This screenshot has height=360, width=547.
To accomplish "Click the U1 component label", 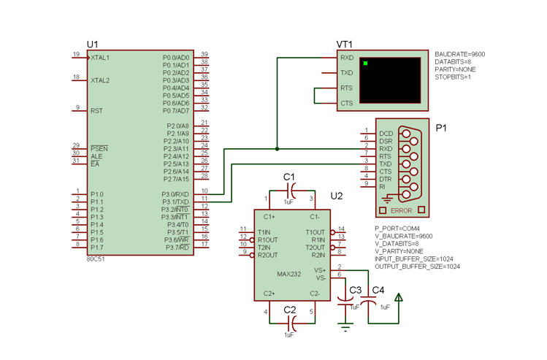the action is [x=93, y=45].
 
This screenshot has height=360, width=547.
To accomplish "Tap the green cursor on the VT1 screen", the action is [x=365, y=63].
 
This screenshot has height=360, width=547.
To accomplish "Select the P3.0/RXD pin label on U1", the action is [x=175, y=194].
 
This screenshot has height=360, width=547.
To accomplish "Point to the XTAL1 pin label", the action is [x=100, y=58].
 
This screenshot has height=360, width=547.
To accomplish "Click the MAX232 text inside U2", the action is [x=289, y=274].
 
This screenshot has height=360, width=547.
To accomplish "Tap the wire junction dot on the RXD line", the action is [x=277, y=149].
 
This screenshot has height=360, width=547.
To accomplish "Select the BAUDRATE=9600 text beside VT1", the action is [x=460, y=54].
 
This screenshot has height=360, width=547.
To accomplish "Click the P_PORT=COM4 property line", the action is [x=397, y=229].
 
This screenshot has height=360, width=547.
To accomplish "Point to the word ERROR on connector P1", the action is [x=401, y=211].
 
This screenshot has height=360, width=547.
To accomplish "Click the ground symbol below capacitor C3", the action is [x=345, y=327].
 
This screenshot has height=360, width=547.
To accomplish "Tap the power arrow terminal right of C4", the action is [x=399, y=297].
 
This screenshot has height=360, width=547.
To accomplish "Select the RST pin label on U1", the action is [x=96, y=111].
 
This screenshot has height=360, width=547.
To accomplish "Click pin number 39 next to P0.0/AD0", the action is [x=204, y=54].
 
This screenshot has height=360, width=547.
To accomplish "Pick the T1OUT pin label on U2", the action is [x=315, y=232].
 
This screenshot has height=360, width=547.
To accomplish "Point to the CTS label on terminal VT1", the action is [x=347, y=103].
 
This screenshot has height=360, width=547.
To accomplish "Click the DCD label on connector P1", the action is [x=386, y=134].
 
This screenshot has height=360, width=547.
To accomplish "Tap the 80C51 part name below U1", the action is [x=96, y=259].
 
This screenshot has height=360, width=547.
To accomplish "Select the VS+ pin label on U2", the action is [x=320, y=270].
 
